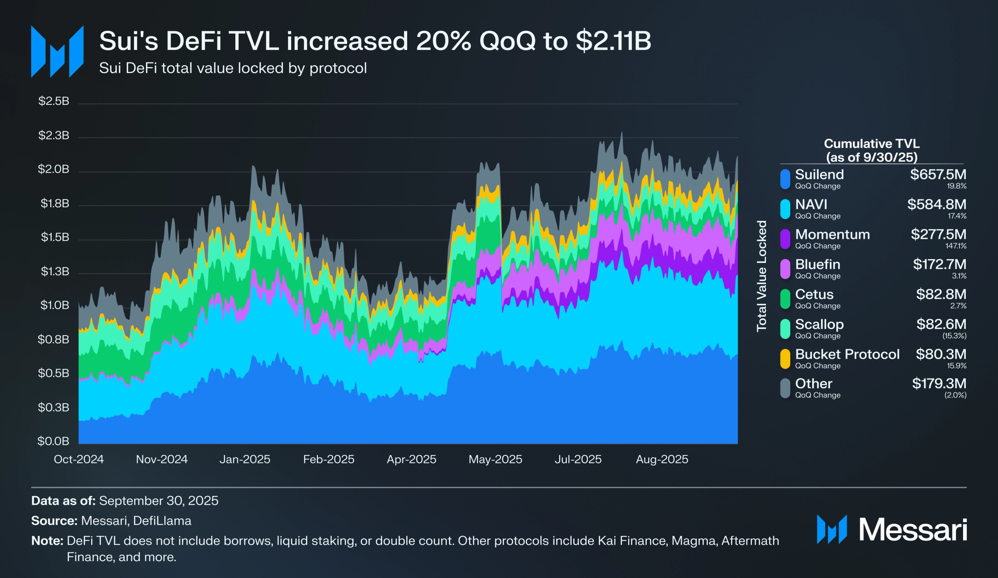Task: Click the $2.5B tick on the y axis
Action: click(54, 101)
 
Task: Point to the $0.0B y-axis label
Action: click(53, 441)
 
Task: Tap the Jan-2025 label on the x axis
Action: click(245, 459)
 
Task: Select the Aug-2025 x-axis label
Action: click(662, 459)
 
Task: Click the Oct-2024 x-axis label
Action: click(79, 459)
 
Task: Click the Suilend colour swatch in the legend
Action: click(785, 179)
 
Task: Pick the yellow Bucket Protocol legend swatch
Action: click(785, 358)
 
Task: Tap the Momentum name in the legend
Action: click(832, 234)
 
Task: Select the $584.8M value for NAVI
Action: click(936, 204)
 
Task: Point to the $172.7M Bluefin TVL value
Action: click(939, 264)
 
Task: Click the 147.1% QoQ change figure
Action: click(956, 246)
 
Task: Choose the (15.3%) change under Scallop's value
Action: click(954, 336)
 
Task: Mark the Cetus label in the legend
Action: click(814, 295)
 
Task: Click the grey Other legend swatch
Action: click(785, 388)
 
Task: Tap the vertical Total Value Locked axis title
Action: click(762, 276)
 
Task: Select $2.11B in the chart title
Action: click(613, 41)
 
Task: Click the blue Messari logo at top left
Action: click(57, 51)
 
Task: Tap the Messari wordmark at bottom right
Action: click(912, 530)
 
